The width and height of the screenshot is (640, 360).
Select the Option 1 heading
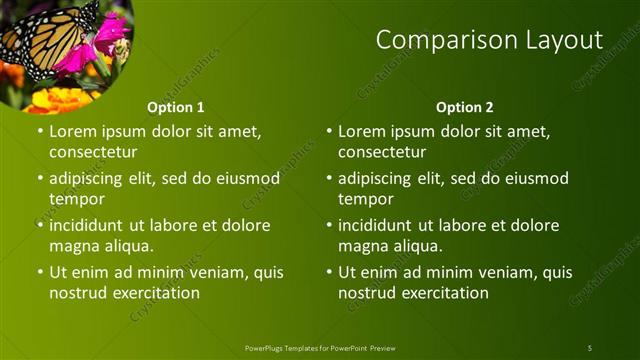point(176,107)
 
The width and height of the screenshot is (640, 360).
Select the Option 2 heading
point(465,107)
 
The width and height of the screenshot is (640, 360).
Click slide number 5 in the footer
point(590,348)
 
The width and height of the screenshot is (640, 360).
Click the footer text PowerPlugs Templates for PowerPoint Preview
point(320,348)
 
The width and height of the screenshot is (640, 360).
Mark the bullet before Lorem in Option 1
point(40,131)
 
